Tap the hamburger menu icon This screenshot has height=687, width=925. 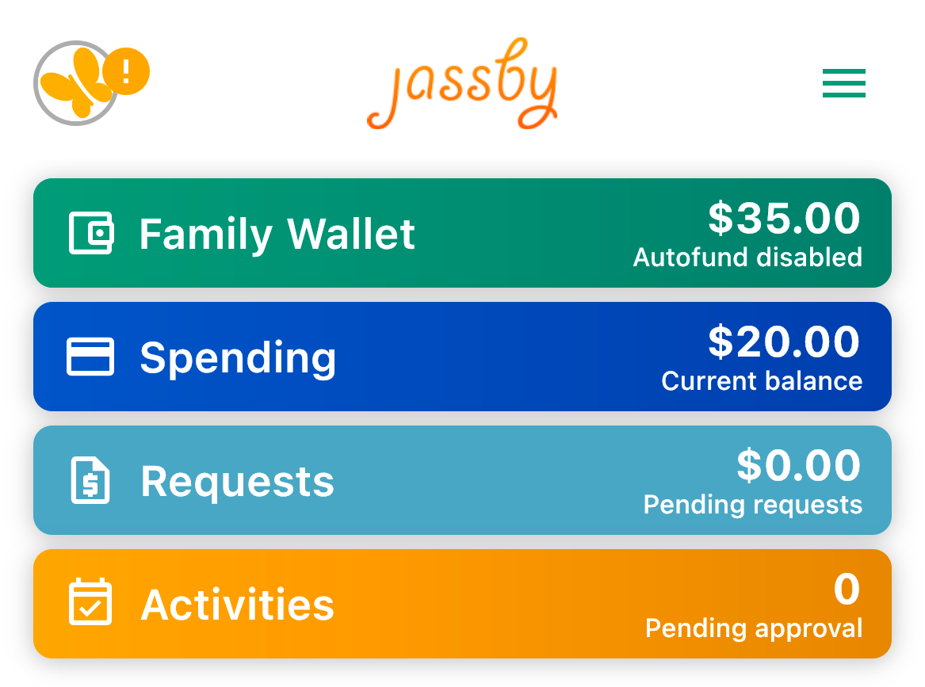(x=843, y=82)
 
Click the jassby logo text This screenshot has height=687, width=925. (x=463, y=84)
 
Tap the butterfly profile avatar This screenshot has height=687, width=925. (x=75, y=83)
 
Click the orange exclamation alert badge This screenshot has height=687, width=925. (x=126, y=71)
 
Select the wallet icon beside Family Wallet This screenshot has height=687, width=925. (x=91, y=233)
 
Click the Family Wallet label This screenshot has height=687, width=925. (x=277, y=235)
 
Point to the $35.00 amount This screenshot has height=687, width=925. (x=784, y=218)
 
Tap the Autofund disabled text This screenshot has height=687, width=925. (x=747, y=258)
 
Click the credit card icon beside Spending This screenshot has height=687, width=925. (x=90, y=357)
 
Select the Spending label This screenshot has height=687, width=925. (x=238, y=358)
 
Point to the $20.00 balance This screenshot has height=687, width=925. (x=784, y=342)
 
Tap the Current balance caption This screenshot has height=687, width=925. (x=762, y=381)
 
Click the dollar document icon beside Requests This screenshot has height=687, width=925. (x=90, y=480)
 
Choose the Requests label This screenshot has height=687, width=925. (x=237, y=482)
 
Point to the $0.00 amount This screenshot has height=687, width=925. (x=799, y=465)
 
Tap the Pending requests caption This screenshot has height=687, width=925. (x=753, y=506)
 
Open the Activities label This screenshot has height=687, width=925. (x=237, y=605)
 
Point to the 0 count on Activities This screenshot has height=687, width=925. (x=847, y=589)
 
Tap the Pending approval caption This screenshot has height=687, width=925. (x=754, y=629)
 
